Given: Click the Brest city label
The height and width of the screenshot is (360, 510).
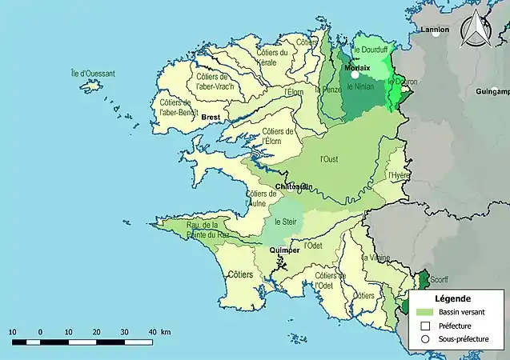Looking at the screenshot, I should (x=211, y=118).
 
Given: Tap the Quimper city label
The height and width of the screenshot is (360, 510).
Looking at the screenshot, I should (x=284, y=250).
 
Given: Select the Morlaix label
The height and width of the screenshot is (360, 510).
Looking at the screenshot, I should (x=357, y=68).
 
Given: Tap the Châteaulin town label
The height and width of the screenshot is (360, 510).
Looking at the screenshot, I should (x=293, y=187).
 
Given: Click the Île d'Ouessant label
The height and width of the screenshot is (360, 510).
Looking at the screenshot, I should (x=93, y=74).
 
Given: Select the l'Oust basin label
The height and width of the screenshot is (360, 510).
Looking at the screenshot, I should (x=328, y=158).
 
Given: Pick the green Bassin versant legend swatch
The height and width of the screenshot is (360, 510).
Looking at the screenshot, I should (x=425, y=312).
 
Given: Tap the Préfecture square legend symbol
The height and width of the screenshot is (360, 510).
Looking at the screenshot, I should (x=425, y=326).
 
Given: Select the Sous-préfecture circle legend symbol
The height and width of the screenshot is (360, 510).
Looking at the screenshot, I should (x=425, y=339).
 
